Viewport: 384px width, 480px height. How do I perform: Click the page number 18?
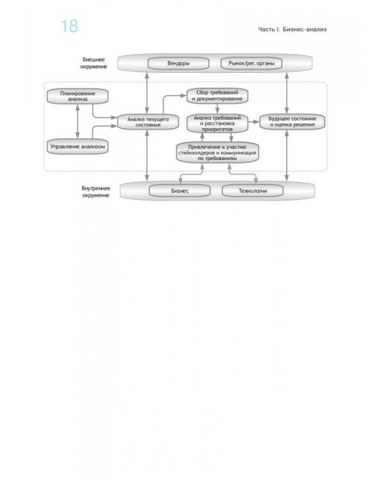[x=70, y=26]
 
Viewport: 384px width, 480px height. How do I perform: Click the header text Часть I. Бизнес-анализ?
[x=292, y=29]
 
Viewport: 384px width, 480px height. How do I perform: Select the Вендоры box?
[x=178, y=63]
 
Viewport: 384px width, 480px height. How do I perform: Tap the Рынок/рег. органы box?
[x=252, y=63]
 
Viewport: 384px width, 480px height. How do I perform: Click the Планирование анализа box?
[x=77, y=97]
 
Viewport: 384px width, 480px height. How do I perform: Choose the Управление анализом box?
[x=77, y=147]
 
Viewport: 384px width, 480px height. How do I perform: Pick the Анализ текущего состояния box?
[x=148, y=122]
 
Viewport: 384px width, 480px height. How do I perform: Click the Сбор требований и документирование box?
[x=217, y=95]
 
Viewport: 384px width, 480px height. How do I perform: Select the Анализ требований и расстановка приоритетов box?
[x=217, y=124]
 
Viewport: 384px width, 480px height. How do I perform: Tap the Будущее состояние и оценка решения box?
[x=292, y=122]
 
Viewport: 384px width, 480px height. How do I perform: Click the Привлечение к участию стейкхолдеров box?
[x=218, y=152]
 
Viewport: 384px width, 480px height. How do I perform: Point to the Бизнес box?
[x=180, y=191]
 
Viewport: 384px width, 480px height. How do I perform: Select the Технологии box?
[x=253, y=191]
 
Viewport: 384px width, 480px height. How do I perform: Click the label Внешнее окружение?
[x=93, y=63]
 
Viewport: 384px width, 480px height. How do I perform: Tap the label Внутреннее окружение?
[x=96, y=191]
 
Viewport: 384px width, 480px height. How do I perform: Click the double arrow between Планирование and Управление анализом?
[x=77, y=122]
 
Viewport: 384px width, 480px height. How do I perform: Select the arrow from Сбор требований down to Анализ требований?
[x=217, y=109]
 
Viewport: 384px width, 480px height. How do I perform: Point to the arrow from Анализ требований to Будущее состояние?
[x=253, y=122]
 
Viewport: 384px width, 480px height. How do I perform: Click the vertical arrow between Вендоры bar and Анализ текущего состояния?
[x=147, y=93]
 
